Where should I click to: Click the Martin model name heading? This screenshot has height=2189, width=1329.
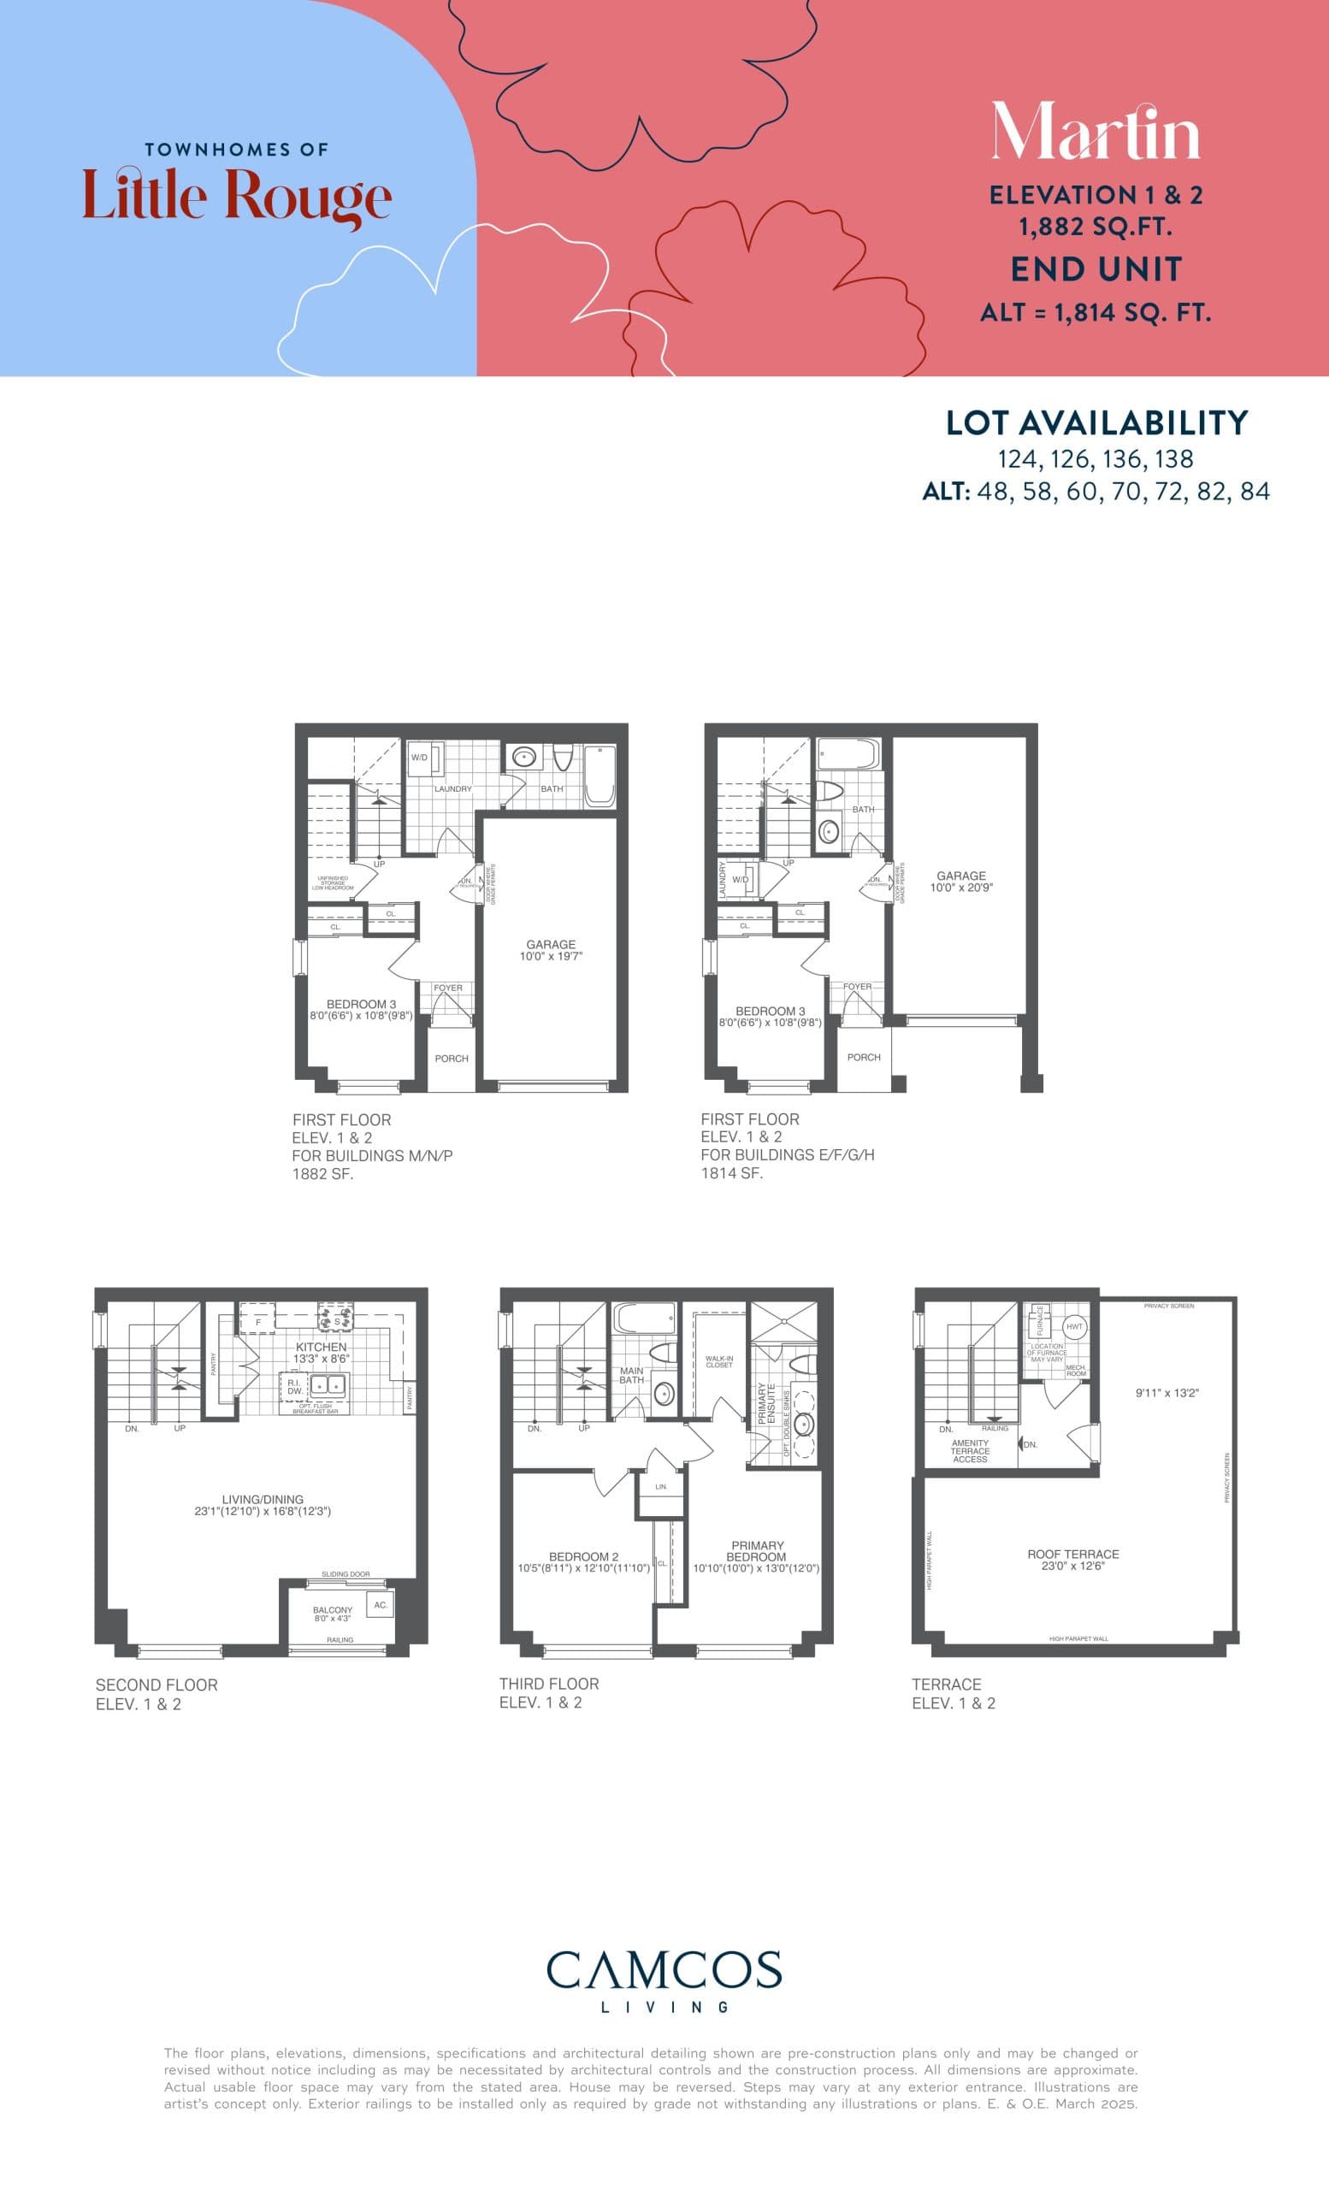[1096, 133]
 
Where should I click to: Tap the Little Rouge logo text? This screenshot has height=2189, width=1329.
[237, 196]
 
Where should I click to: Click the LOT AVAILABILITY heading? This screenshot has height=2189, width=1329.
[1096, 423]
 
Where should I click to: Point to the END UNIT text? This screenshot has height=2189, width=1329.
[1096, 269]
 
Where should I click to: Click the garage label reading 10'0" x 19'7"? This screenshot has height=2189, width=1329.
[551, 951]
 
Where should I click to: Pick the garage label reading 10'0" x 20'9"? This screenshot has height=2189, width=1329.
[961, 882]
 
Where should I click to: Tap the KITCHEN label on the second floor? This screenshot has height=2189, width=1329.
[321, 1348]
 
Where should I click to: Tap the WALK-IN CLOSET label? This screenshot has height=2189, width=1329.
[718, 1361]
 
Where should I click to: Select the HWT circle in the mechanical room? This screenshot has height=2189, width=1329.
[1075, 1326]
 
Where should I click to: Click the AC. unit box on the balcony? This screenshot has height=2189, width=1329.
[381, 1604]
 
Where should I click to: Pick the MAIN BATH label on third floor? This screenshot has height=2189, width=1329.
[632, 1375]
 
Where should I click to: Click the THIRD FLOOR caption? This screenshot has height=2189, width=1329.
[548, 1684]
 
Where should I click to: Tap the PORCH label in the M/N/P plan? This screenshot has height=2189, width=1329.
[452, 1058]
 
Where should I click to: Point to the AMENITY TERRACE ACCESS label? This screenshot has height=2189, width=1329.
[969, 1451]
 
